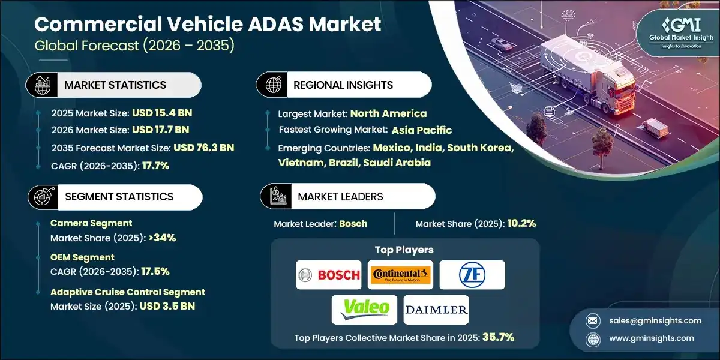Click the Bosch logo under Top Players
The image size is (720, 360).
click(329, 275)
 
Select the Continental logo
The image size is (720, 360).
click(401, 275)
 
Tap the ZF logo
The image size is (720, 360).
click(472, 275)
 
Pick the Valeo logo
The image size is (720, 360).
click(365, 310)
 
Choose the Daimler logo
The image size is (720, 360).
click(436, 310)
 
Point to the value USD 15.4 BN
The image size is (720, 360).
click(161, 112)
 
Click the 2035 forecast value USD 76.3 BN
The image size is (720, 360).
click(203, 147)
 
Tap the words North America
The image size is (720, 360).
click(388, 113)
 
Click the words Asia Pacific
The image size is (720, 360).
click(422, 130)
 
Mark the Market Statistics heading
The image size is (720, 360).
click(115, 85)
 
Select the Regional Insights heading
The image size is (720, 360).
click(343, 85)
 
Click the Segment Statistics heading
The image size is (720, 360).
click(119, 197)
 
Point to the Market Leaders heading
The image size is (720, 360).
click(340, 197)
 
